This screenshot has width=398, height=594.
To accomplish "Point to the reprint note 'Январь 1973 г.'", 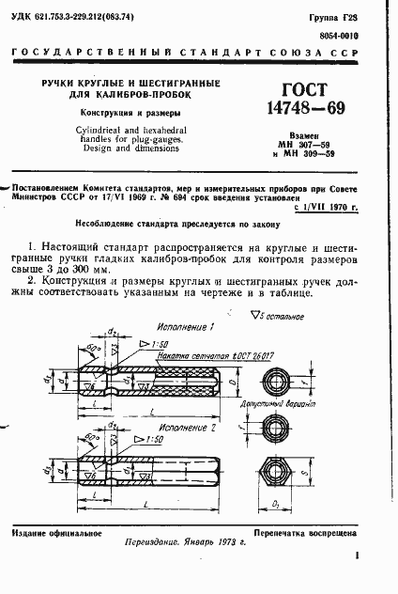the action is (214, 552).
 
